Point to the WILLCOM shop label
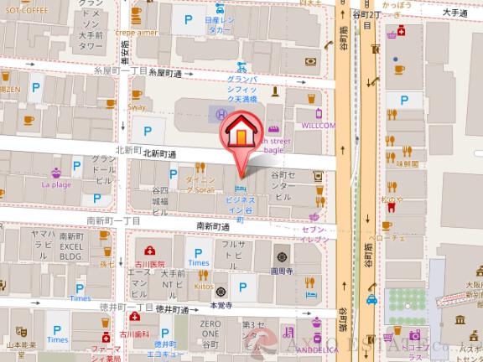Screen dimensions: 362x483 pyautogui.click(x=318, y=125)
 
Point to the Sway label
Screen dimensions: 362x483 pyautogui.click(x=136, y=108)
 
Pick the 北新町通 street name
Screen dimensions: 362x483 pyautogui.click(x=158, y=154)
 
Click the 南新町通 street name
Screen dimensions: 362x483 pyautogui.click(x=213, y=226)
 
